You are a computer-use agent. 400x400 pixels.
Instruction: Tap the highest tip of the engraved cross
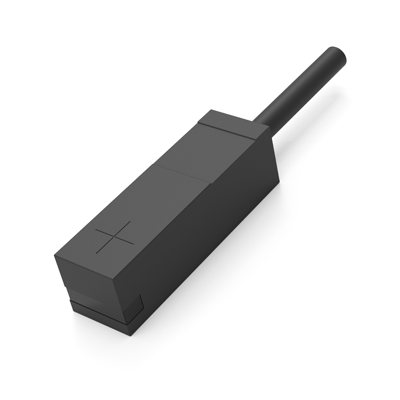[128, 221]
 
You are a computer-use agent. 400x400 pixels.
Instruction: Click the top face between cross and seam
[150, 205]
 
